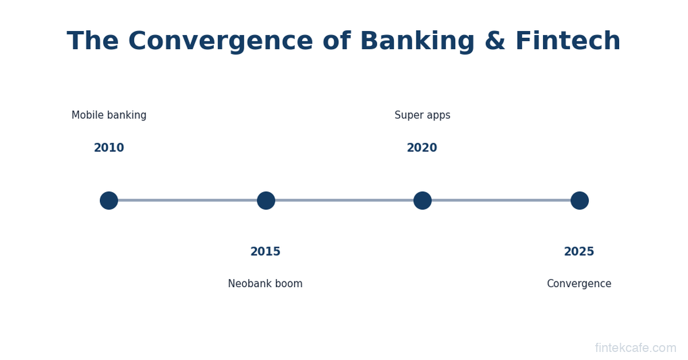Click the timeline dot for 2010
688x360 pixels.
109,201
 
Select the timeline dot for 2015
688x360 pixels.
266,201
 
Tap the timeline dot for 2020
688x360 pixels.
423,201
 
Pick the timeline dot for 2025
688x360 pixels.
580,201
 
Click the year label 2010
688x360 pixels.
109,148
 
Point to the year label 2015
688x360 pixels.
265,252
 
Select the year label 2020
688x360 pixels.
422,148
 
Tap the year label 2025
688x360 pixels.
579,252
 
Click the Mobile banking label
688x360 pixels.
109,115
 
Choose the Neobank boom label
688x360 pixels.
265,284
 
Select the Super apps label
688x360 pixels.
423,115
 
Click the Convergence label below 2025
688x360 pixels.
579,284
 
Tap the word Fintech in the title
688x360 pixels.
568,41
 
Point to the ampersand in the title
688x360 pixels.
495,41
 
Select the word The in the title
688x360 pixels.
93,41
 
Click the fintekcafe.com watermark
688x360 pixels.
635,348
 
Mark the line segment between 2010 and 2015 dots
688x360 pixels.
187,201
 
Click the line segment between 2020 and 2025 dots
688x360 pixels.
501,201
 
